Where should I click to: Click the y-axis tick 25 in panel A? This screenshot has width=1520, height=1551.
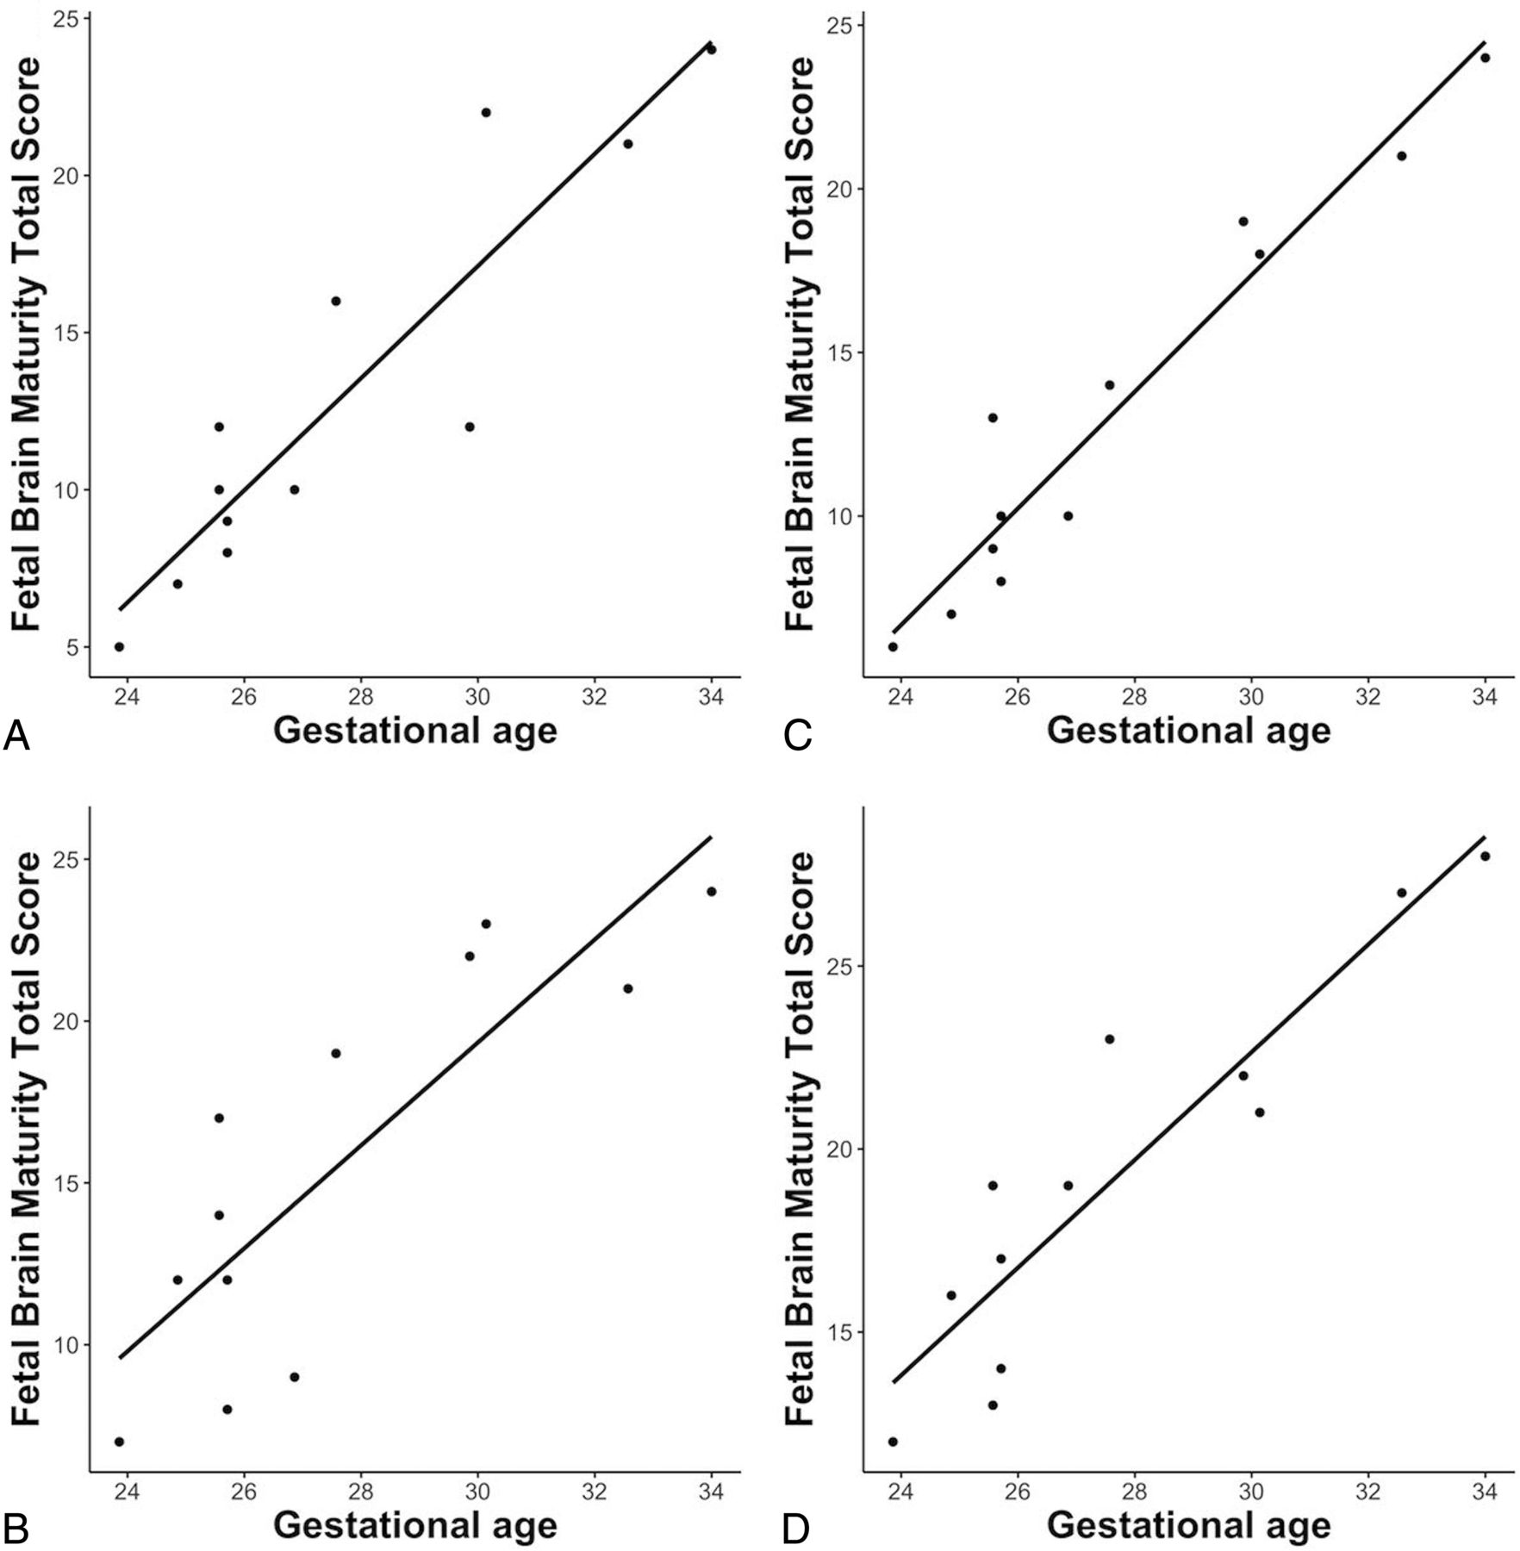68,18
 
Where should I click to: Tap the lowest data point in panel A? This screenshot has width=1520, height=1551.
119,647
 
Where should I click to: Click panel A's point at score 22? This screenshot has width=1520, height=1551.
486,113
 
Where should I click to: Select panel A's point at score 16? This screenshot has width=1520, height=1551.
336,301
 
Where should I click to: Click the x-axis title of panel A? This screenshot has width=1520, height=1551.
415,732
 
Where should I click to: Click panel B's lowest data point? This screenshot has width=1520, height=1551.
119,1442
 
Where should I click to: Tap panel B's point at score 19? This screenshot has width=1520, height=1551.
336,1053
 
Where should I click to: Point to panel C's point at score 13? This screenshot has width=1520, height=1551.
993,418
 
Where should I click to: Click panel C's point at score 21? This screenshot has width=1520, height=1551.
1402,156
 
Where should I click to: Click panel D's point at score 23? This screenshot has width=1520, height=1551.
1110,1039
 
